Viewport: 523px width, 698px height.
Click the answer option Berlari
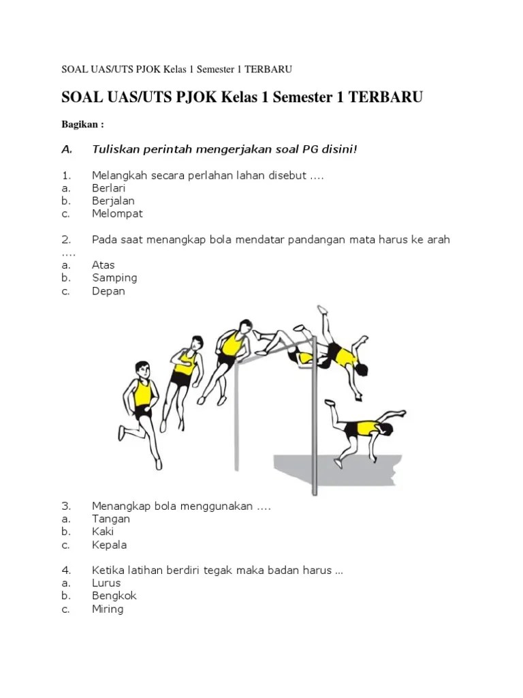[108, 188]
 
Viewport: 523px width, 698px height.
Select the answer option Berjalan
[113, 201]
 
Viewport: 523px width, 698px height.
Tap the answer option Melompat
[117, 213]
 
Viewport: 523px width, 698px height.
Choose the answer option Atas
[104, 265]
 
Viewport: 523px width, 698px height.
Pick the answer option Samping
[114, 278]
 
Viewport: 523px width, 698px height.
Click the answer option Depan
[108, 291]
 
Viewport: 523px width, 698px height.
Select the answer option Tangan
[111, 519]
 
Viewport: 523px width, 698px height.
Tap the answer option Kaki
[103, 532]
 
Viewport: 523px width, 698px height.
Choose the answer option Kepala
[109, 545]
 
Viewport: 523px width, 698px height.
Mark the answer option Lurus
[106, 583]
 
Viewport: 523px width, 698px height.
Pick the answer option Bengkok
[114, 596]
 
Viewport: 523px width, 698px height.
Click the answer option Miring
[108, 609]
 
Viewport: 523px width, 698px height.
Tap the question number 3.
[66, 506]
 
